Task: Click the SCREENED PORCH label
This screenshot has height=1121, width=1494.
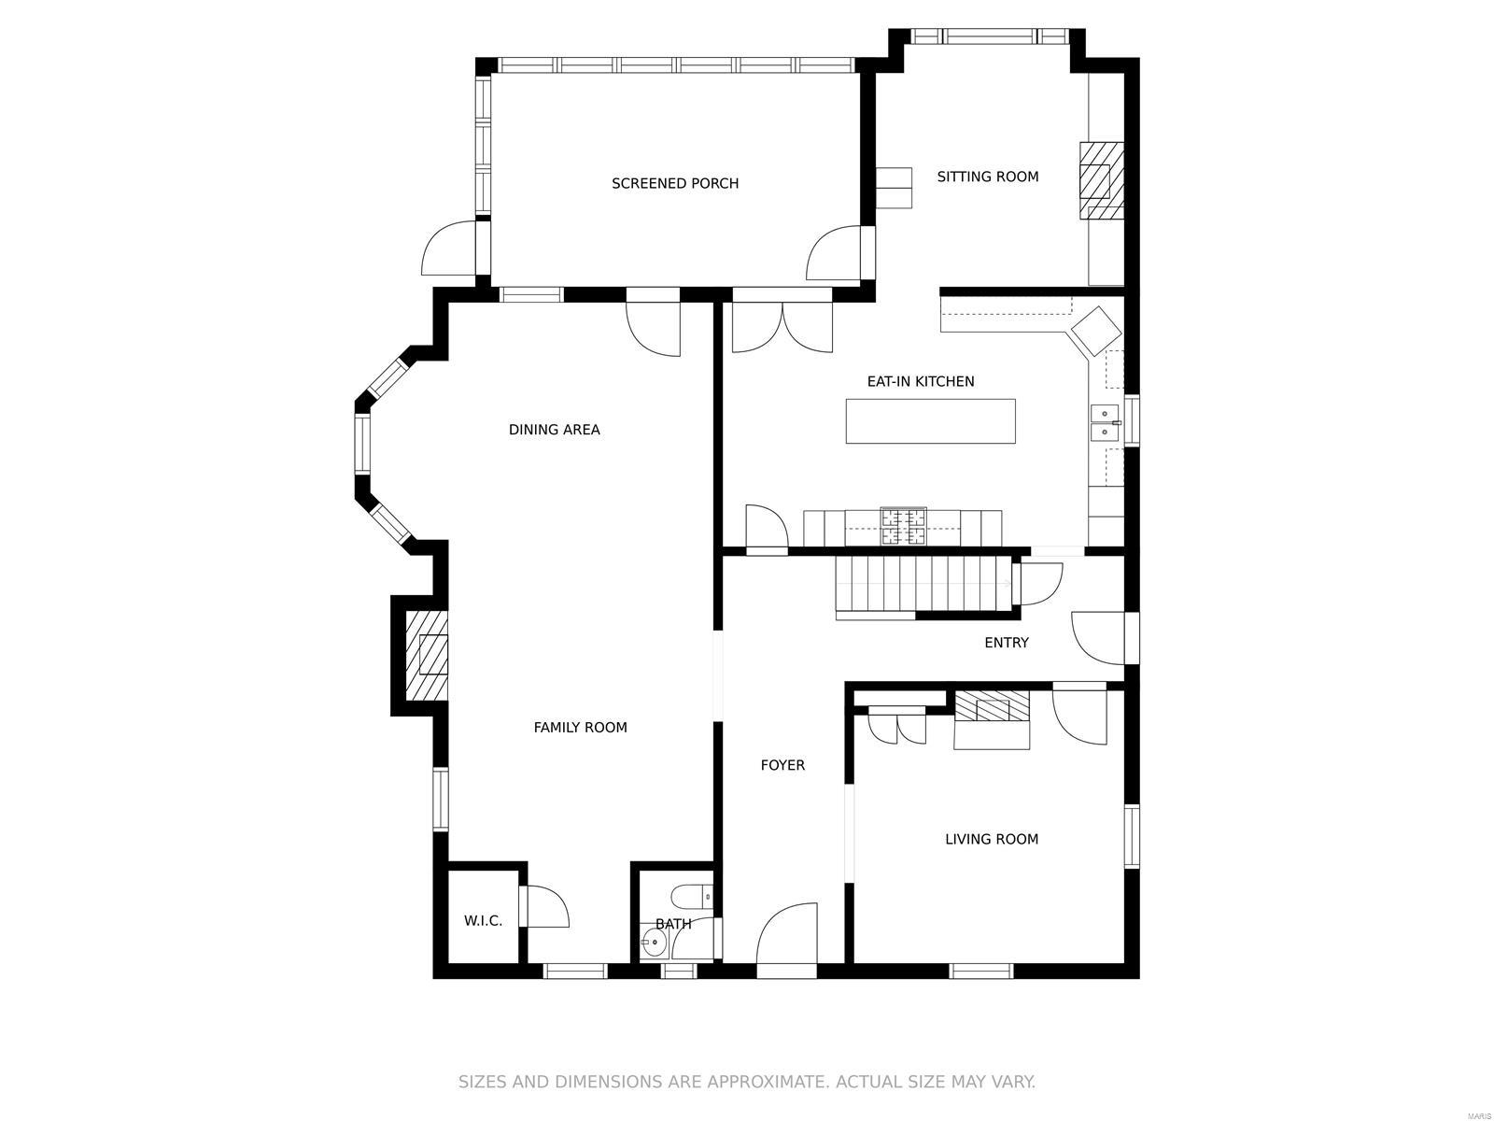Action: pos(674,183)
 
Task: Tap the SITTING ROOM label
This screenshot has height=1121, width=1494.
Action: pos(987,177)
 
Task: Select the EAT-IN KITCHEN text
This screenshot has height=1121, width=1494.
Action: pos(920,381)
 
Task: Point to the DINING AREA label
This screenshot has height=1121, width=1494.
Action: pos(554,430)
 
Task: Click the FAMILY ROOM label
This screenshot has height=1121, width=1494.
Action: pos(580,727)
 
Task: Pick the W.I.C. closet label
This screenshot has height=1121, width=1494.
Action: pos(483,921)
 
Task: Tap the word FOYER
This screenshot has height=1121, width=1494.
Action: pos(782,765)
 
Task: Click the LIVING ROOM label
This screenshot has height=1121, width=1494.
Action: pos(991,839)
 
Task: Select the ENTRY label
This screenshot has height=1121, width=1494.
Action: pos(1006,643)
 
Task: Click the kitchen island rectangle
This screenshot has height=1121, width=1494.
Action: pos(930,421)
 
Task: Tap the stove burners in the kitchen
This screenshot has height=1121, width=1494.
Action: pos(903,527)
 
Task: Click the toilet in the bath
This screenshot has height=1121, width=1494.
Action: pos(692,897)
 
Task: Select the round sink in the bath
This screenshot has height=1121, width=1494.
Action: pos(654,944)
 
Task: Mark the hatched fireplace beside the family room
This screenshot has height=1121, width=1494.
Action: pos(427,655)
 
